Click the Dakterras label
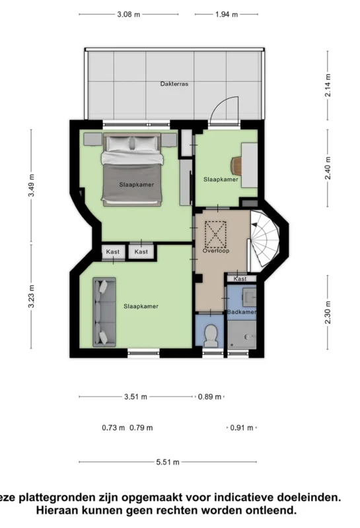click(x=174, y=84)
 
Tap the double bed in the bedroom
click(x=132, y=169)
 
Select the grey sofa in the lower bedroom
click(x=104, y=312)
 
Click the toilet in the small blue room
click(x=211, y=335)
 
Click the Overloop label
click(x=216, y=251)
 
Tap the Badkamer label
click(x=241, y=312)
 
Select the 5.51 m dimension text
click(x=168, y=462)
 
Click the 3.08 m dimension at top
click(x=128, y=15)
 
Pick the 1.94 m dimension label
click(x=227, y=15)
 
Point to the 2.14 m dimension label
click(x=328, y=85)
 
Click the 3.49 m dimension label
click(x=31, y=185)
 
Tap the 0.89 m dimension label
click(x=209, y=397)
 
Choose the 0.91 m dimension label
click(x=241, y=428)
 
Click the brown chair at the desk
click(x=236, y=166)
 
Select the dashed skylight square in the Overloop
click(x=215, y=234)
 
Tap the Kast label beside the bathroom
click(x=240, y=279)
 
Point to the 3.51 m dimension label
click(x=135, y=397)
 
